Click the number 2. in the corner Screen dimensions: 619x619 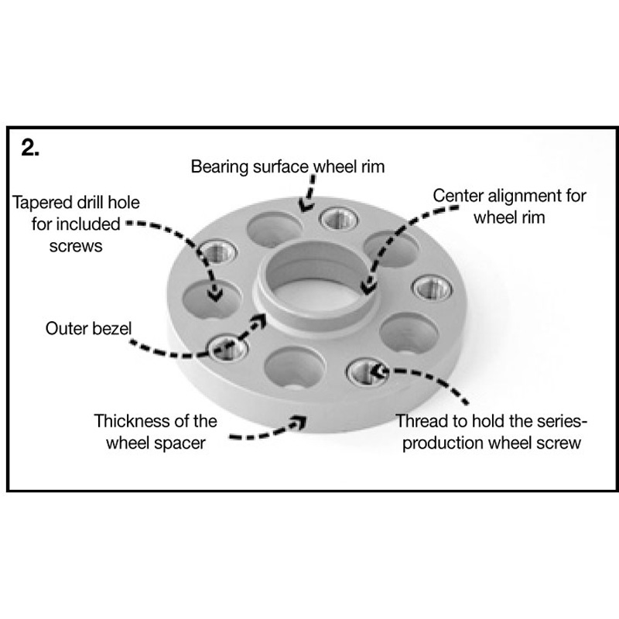pos(30,148)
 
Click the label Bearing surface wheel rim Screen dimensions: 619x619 pos(288,166)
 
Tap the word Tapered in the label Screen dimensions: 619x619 pos(42,203)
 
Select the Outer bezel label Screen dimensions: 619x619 pos(88,328)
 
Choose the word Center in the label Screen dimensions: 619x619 pos(458,196)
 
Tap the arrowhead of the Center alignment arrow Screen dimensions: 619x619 pos(368,286)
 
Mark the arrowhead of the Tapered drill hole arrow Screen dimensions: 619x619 pos(215,295)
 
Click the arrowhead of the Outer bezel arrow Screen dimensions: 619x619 pos(260,320)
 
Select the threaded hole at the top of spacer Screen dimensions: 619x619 pos(339,218)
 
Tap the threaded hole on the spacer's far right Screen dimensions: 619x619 pos(432,287)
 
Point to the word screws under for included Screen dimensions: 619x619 pos(76,247)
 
